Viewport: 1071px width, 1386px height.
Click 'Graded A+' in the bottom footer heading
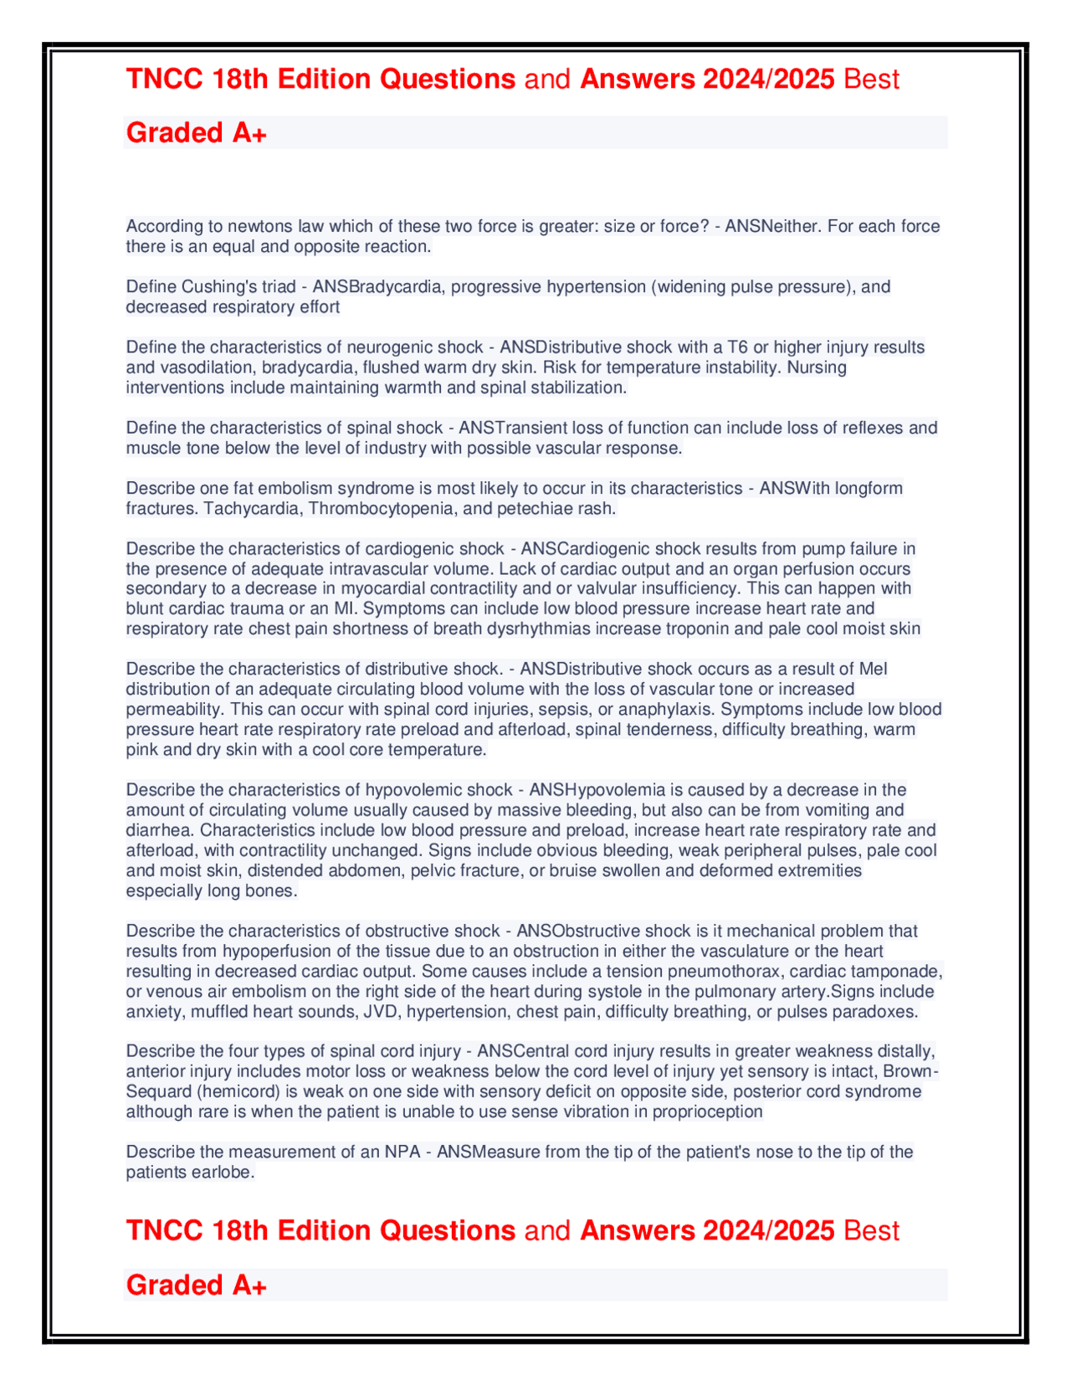click(196, 1285)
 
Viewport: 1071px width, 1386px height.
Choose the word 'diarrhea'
click(159, 830)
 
